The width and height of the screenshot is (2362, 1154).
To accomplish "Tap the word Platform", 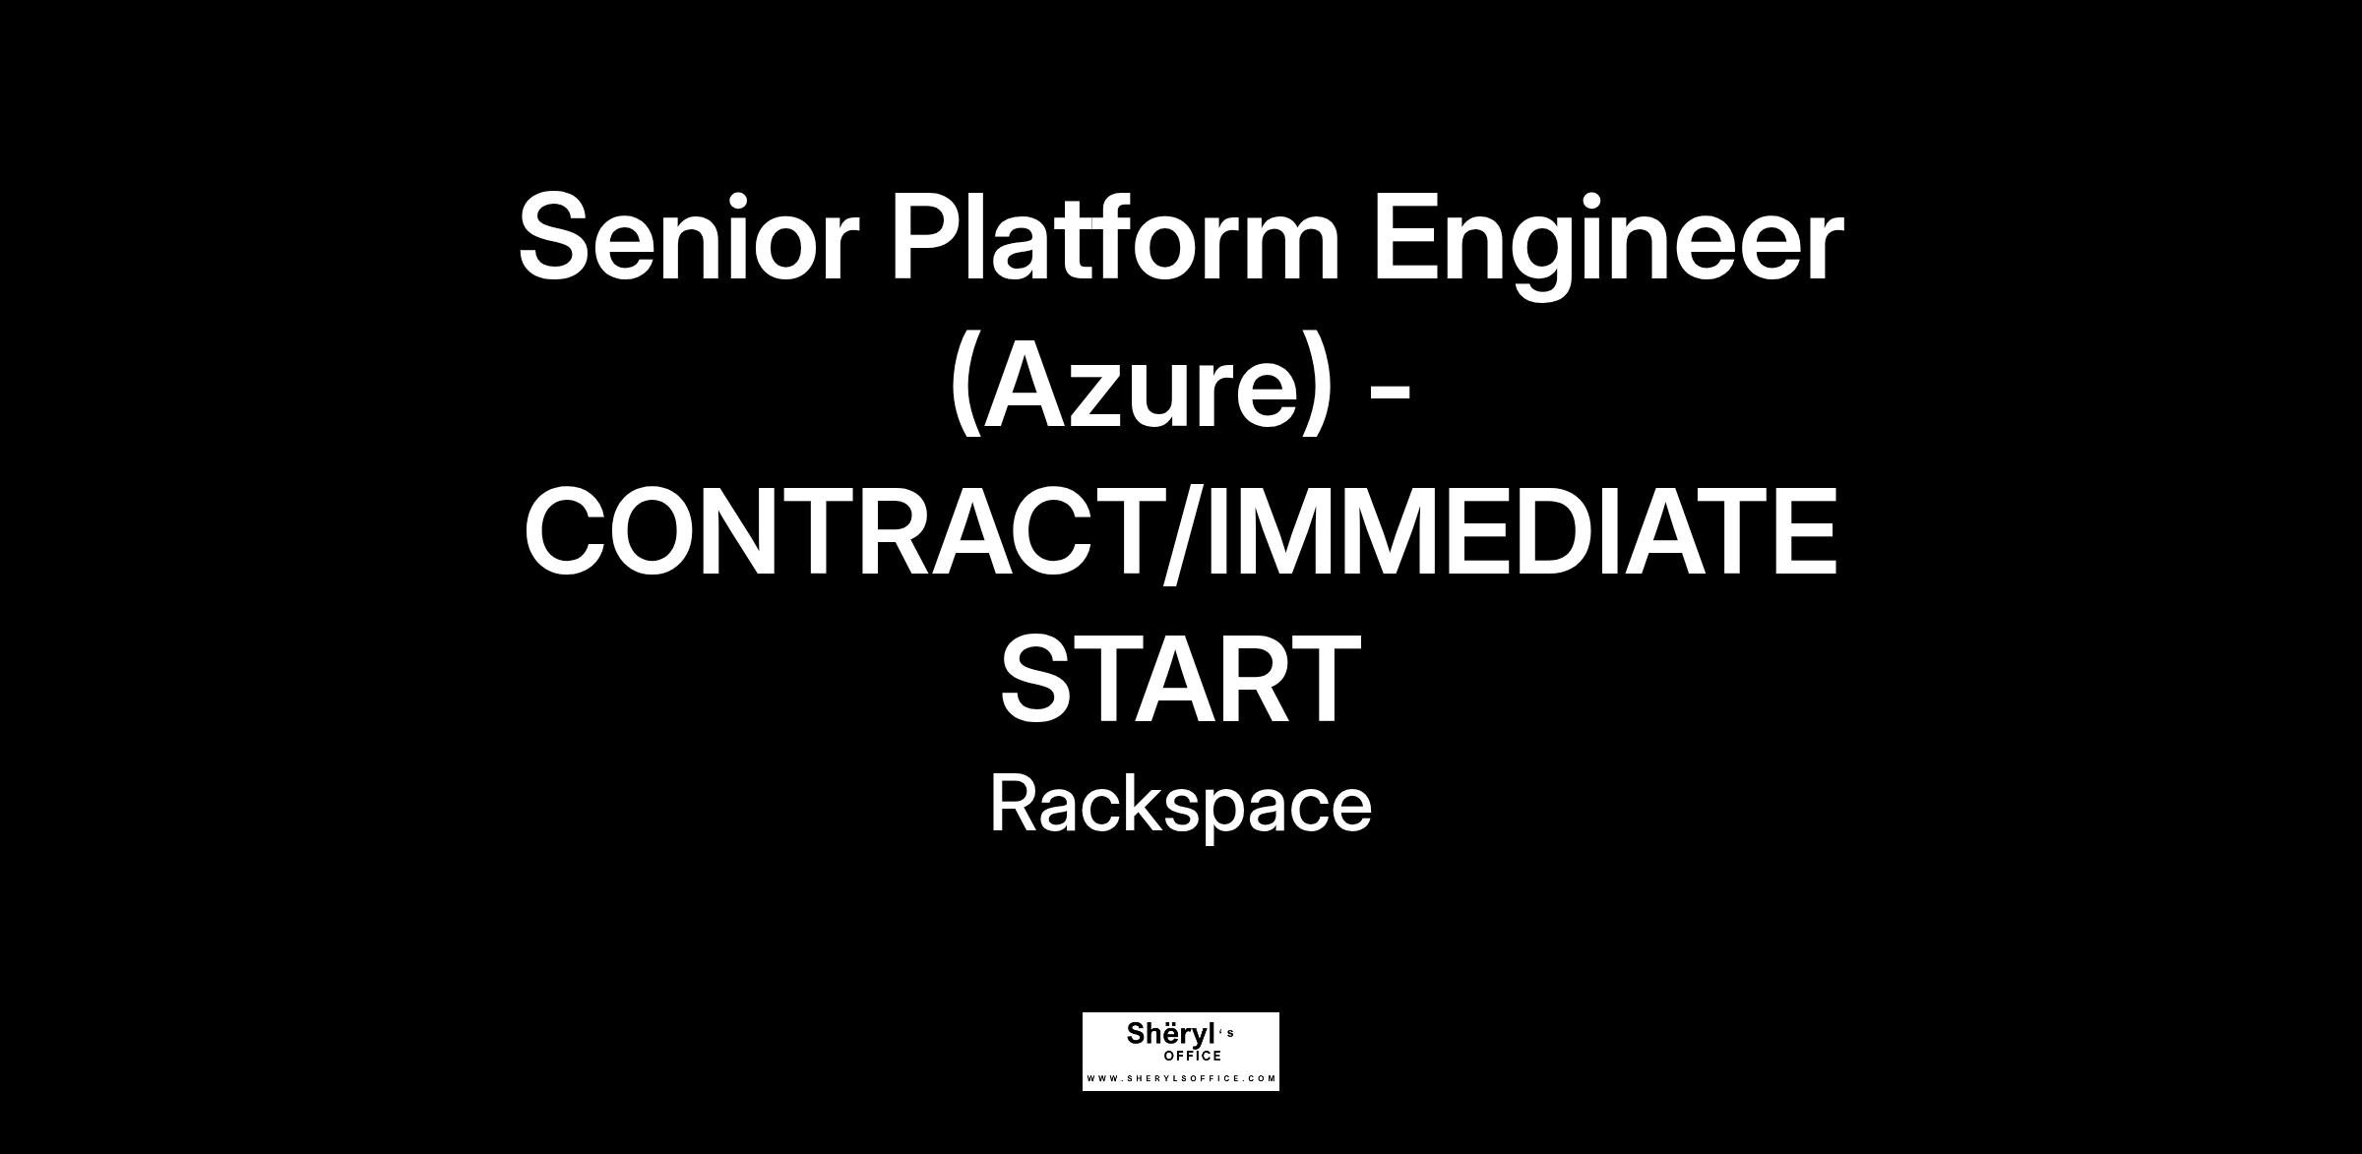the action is coord(1115,236).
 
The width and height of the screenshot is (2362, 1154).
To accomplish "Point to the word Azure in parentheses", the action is coord(1142,385).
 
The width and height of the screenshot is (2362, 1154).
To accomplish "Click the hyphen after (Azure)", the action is coord(1391,391).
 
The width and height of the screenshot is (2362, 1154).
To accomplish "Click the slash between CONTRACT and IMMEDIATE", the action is coord(1186,532).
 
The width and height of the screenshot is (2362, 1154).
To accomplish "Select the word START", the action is coord(1180,679).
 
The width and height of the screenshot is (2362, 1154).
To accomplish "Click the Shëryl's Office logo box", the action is coord(1181,1052).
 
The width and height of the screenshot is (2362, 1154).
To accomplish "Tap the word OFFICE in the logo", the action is coord(1193,1057).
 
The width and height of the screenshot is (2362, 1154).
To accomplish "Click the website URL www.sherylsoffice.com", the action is coord(1181,1078).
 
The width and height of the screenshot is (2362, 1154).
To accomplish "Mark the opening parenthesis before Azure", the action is coord(965,387).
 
